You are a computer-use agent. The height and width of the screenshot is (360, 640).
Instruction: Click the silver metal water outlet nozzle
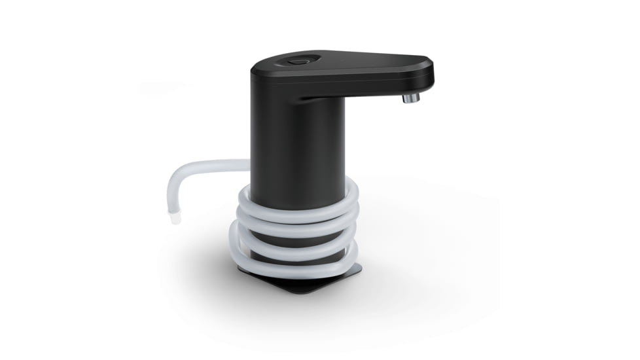[410, 98]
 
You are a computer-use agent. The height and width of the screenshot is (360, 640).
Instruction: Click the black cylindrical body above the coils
[298, 144]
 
